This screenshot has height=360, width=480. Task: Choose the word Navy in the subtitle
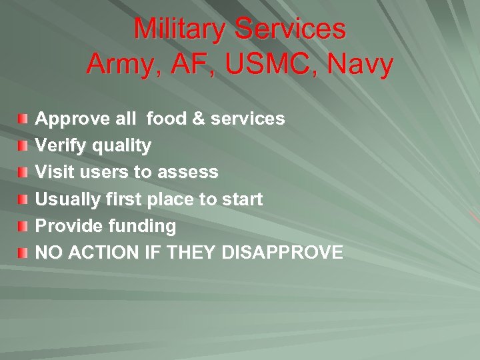pos(361,65)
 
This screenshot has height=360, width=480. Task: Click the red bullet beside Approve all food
pos(23,119)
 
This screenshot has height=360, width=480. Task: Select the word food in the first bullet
pos(167,119)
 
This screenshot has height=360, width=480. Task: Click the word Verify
pos(55,146)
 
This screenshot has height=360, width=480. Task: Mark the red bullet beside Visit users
pos(23,173)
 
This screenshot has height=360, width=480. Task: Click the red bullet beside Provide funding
pos(23,227)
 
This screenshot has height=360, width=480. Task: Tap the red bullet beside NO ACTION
pos(23,253)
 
